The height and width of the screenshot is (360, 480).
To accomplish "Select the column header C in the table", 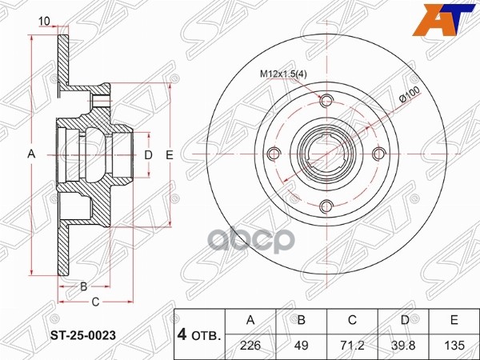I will tap(352, 321).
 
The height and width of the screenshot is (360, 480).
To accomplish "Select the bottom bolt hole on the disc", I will tap(325, 207).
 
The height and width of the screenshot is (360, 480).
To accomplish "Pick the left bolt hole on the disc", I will tap(272, 154).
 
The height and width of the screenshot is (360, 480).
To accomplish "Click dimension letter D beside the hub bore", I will tap(148, 154).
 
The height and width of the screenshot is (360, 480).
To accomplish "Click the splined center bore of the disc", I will tap(325, 154).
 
